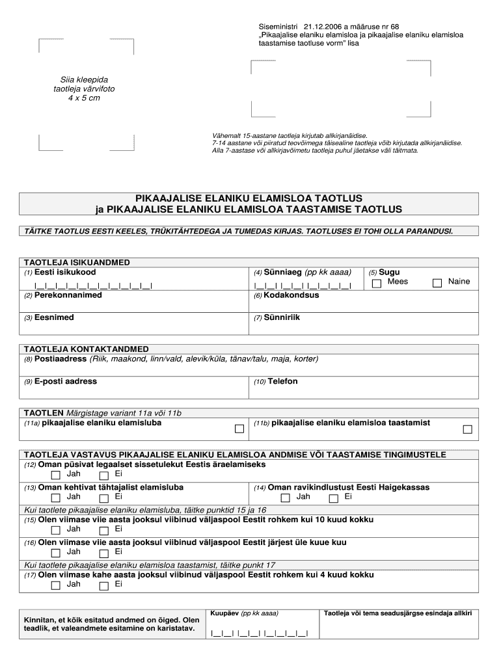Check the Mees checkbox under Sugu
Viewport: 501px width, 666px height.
coord(377,284)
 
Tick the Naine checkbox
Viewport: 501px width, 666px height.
coord(437,283)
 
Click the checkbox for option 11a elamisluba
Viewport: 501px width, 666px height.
coord(239,429)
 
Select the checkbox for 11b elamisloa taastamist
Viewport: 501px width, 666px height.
coord(467,429)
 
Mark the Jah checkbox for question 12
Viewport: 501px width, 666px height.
coord(55,475)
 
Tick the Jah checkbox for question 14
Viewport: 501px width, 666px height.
coord(285,498)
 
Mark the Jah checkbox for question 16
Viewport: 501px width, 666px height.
coord(55,553)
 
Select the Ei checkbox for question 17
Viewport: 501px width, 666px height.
coord(104,585)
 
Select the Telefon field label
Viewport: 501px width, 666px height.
coord(282,382)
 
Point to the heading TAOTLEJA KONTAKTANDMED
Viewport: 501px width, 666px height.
coord(87,349)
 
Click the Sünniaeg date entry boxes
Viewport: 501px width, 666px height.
coord(303,285)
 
